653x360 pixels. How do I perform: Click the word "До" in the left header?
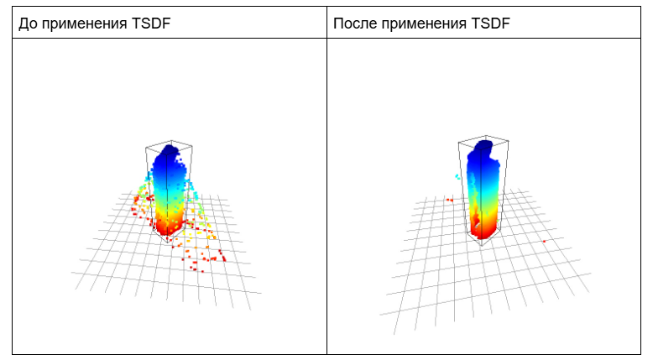pos(28,23)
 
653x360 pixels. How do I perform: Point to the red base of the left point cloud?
pos(168,225)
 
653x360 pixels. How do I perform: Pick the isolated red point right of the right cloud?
pos(544,241)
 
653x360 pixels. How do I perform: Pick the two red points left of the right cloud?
pos(449,200)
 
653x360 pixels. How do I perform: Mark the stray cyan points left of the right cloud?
pos(457,176)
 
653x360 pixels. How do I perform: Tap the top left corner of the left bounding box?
pos(146,148)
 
